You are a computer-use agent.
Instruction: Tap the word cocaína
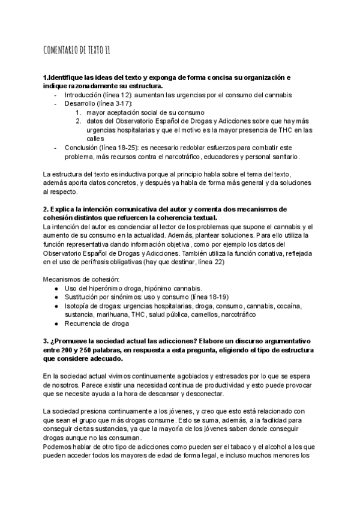pyautogui.click(x=287, y=306)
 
